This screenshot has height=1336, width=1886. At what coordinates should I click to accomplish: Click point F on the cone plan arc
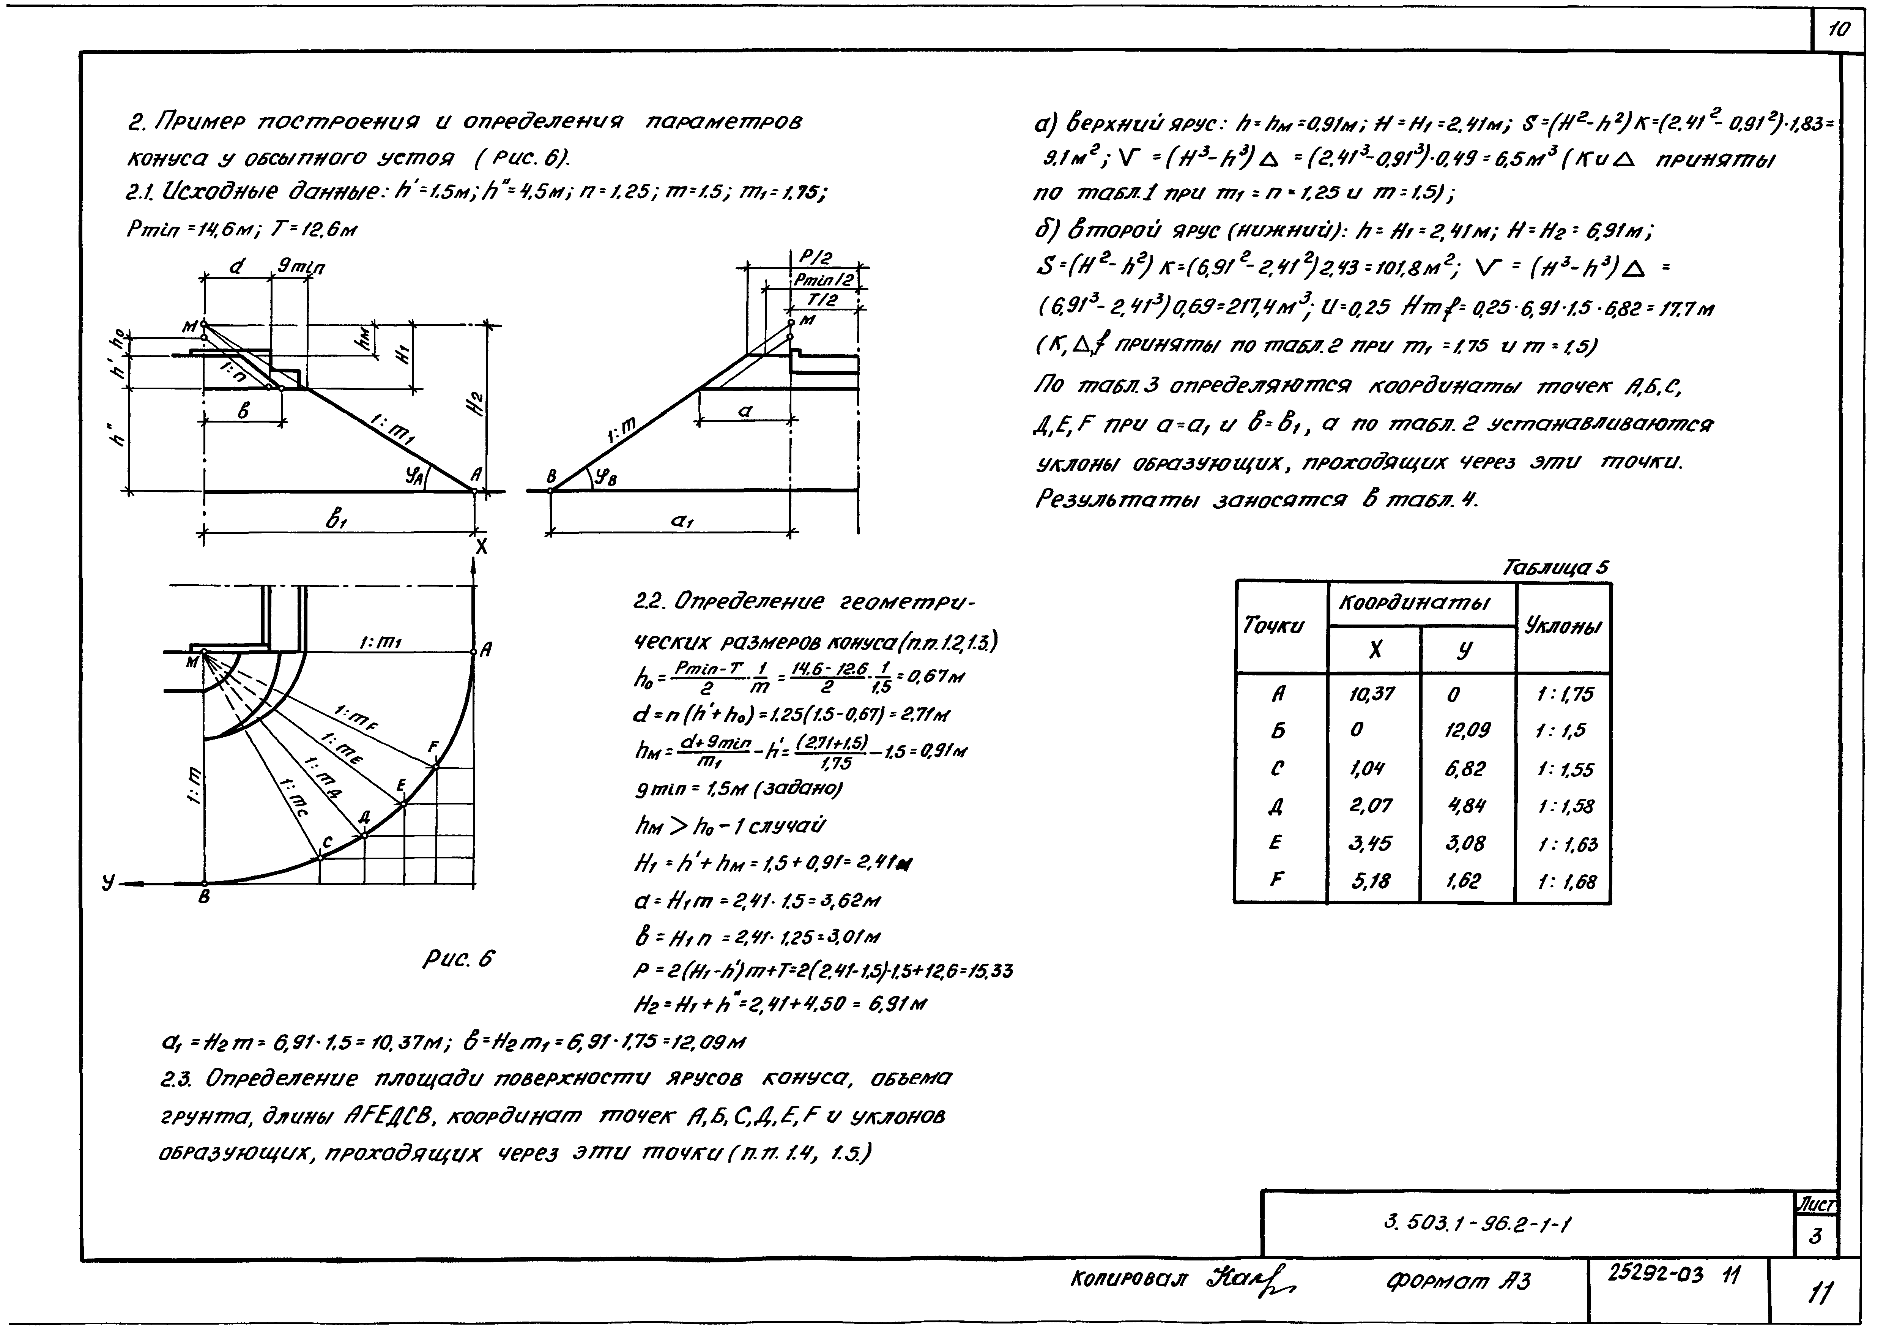click(436, 767)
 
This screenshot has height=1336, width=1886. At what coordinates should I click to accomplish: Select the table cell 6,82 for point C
click(1467, 768)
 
